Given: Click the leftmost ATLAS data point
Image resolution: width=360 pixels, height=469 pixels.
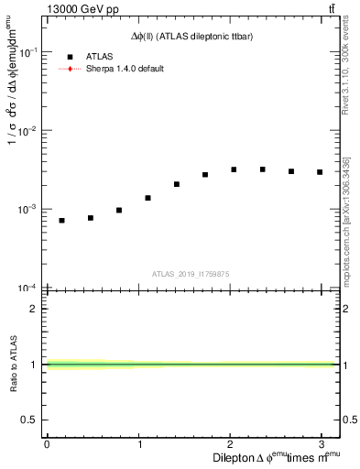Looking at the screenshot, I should coord(61,221).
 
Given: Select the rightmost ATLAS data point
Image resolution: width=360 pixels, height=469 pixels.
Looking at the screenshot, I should coord(320,172).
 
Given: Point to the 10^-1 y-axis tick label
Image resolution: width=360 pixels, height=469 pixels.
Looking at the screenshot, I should coord(30,53).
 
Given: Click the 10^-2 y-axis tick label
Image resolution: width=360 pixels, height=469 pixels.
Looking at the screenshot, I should coord(30,131).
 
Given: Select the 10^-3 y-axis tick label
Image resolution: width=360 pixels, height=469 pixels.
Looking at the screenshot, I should coord(30,210).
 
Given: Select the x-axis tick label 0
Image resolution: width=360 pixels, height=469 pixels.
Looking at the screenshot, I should coord(47,444).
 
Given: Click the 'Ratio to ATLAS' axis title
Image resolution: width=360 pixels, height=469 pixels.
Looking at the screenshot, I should coord(14,365).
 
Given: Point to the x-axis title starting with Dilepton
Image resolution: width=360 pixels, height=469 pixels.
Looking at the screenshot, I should coord(276,458).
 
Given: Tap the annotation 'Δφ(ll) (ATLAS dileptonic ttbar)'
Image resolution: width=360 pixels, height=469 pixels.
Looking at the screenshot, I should coord(192,37).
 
